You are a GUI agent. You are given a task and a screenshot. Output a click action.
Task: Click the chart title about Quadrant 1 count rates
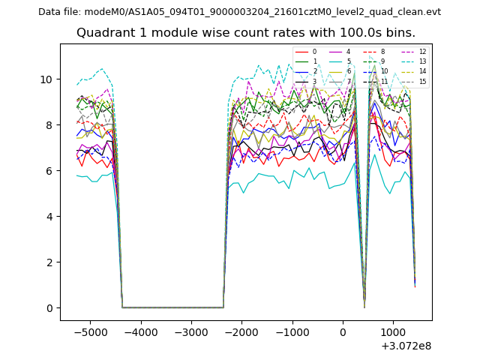pos(246,33)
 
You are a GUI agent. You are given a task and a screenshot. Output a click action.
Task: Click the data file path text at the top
pos(239,11)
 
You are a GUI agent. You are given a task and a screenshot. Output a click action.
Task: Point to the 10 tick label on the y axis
pos(46,79)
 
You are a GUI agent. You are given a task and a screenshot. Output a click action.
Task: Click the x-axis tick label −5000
pos(89,331)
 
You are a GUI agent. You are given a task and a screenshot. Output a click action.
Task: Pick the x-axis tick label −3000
pos(190,331)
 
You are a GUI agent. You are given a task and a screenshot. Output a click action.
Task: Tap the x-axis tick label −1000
pos(292,331)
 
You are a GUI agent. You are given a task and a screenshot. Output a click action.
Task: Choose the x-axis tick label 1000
pos(393,331)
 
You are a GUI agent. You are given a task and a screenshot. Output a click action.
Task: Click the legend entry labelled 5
pos(349,61)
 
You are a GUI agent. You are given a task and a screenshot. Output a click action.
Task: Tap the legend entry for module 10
pos(384,71)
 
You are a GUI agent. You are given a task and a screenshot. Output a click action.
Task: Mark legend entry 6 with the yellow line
pos(349,71)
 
